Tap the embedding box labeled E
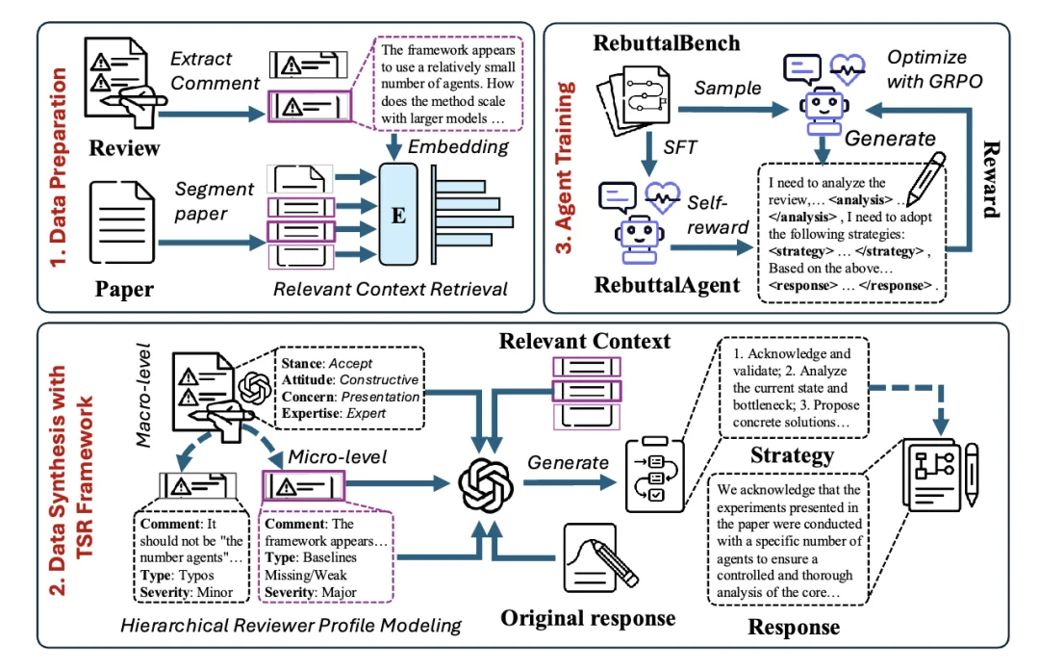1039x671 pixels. point(394,214)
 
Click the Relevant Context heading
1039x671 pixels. point(585,341)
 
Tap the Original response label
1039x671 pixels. point(588,617)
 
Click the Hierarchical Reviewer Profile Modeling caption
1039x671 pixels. point(291,625)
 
